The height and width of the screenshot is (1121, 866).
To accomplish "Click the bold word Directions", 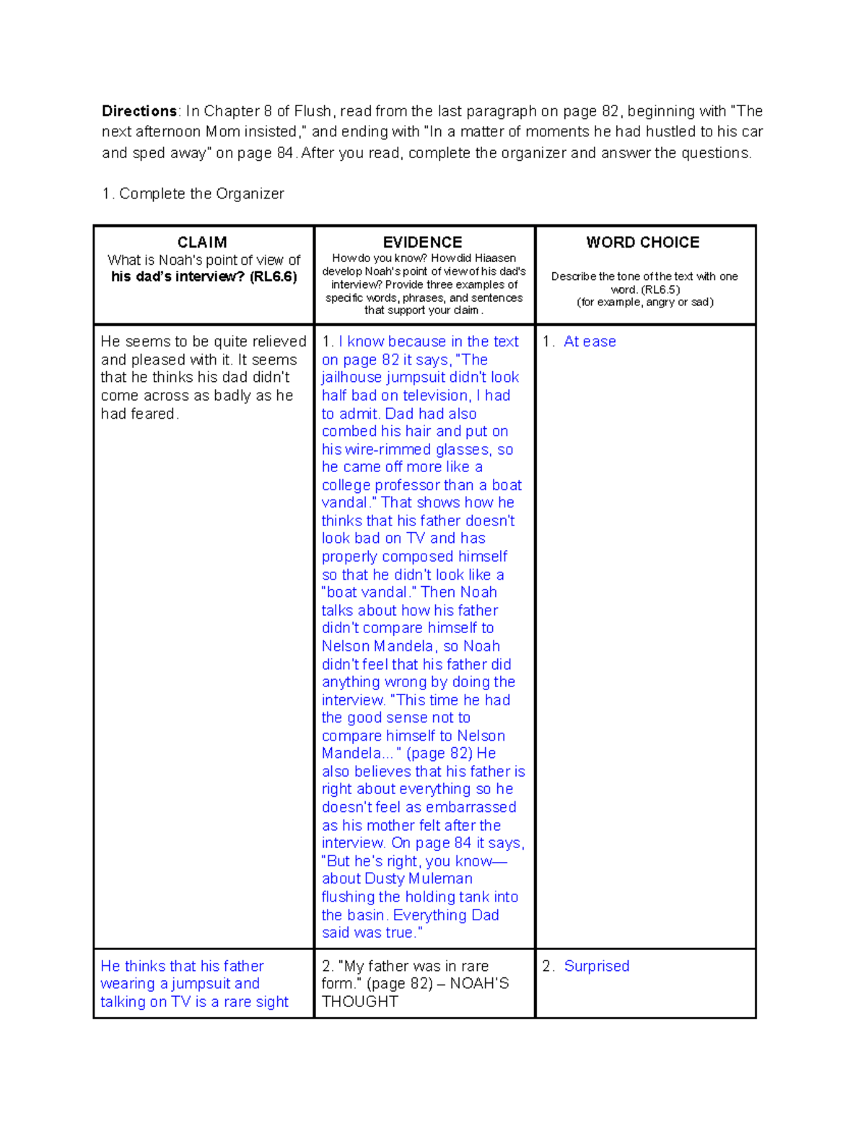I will click(139, 111).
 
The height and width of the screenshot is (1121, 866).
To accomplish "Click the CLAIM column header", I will click(202, 243).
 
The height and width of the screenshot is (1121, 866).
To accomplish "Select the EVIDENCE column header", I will click(422, 243).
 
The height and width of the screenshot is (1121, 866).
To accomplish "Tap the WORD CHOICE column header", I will click(642, 243).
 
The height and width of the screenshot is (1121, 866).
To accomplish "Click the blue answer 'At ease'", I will click(590, 341).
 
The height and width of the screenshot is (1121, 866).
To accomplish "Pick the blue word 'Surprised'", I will click(596, 966).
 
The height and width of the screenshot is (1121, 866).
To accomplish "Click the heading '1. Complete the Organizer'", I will click(193, 193).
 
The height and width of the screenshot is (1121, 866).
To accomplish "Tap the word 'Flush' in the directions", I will click(312, 111).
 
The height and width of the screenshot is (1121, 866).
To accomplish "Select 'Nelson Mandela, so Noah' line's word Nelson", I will click(345, 646).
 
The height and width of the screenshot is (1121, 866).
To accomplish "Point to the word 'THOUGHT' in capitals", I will click(359, 1002).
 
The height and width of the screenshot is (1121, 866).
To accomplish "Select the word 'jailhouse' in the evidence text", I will click(352, 378).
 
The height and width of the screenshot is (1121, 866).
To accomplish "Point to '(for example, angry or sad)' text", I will click(644, 302).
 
